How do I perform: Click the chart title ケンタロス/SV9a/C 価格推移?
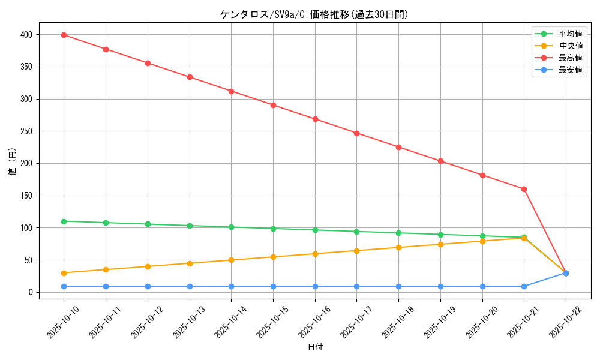(314, 14)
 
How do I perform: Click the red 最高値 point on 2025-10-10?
(64, 35)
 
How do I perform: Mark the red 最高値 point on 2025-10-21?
(524, 189)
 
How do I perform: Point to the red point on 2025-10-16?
(315, 119)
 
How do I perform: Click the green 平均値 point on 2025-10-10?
(64, 221)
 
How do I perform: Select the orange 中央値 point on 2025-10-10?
(64, 273)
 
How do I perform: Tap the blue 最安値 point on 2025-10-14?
(231, 286)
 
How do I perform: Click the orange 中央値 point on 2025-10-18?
(398, 247)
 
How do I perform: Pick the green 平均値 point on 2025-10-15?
(273, 229)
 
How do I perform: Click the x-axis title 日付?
(315, 347)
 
